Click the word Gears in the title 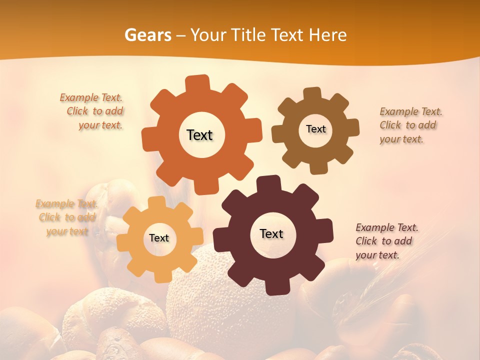(x=148, y=35)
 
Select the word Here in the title (x=327, y=35)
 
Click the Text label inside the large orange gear (x=199, y=135)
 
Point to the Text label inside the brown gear (x=315, y=129)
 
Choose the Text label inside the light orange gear (x=159, y=238)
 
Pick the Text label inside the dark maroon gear (x=271, y=233)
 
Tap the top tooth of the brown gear (x=312, y=93)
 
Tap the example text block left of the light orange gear (x=66, y=217)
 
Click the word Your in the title (x=205, y=35)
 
